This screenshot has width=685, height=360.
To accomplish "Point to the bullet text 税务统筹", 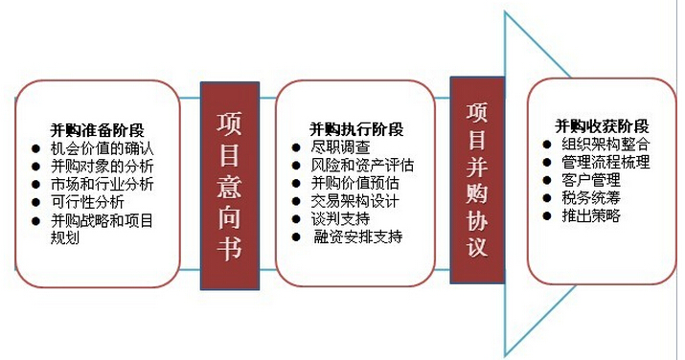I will coord(592,197).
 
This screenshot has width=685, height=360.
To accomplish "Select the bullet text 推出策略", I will coord(592,215).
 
